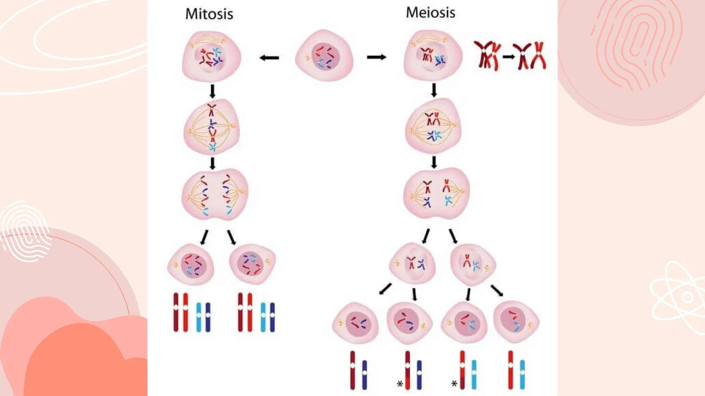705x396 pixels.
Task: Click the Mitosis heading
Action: tap(209, 14)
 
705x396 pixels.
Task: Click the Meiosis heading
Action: tap(430, 13)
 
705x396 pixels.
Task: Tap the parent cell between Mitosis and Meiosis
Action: tap(324, 56)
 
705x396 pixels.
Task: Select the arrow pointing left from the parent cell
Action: tap(269, 58)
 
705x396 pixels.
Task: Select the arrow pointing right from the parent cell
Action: tap(376, 57)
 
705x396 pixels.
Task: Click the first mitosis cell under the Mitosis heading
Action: tap(211, 56)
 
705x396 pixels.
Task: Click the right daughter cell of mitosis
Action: tap(252, 264)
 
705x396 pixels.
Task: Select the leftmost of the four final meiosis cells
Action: tap(356, 323)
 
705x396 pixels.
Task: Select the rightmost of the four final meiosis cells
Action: tap(516, 322)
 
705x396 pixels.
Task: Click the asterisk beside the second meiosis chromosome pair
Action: tap(400, 384)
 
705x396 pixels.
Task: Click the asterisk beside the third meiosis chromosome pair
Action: tap(454, 384)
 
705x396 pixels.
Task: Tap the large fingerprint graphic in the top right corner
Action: tap(637, 45)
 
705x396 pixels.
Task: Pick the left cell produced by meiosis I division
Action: tap(412, 264)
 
